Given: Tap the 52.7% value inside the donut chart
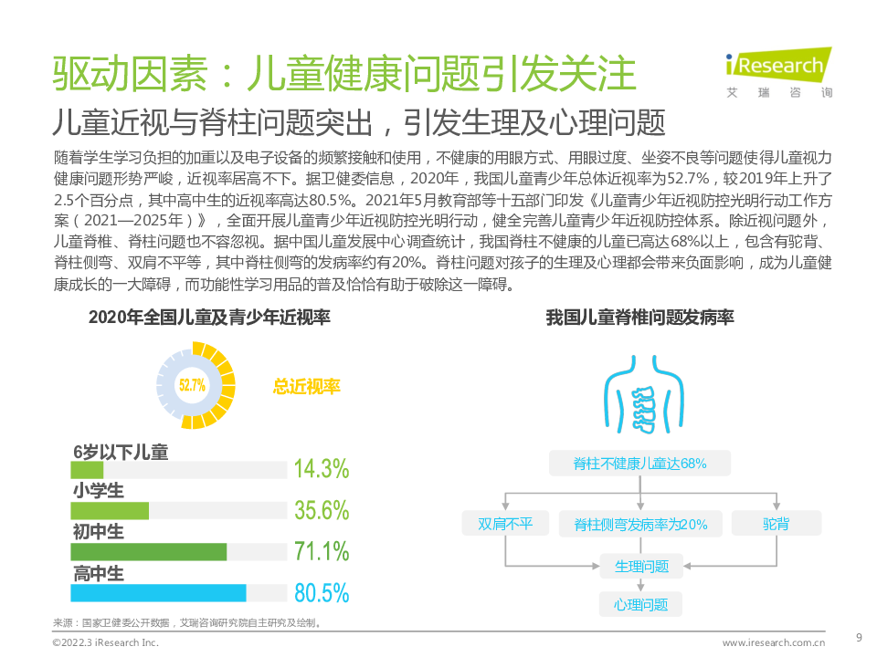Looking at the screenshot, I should (x=192, y=385).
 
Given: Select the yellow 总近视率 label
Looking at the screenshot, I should (x=306, y=387).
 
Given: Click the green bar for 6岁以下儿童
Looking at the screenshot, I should (x=87, y=469).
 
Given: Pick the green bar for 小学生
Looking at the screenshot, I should (x=110, y=510).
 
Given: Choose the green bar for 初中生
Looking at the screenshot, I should (x=148, y=551).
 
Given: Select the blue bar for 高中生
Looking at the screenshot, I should (x=158, y=592).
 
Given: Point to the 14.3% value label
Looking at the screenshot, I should (x=322, y=469).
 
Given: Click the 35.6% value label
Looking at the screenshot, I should (x=322, y=510).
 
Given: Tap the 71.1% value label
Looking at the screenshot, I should (x=322, y=551).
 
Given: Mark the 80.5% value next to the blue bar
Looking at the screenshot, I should (x=322, y=593).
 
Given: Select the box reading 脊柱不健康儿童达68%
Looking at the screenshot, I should (x=639, y=463).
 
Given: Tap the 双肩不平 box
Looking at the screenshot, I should (x=504, y=524).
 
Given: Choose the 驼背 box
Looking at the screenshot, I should (x=777, y=524).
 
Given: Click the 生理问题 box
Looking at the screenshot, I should (x=640, y=567).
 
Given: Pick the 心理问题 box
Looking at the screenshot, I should (x=640, y=604).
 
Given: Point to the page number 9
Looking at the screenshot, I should (x=858, y=637).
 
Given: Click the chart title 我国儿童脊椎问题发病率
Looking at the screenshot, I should (x=639, y=318).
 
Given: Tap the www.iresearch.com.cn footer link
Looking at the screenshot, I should (x=774, y=642).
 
